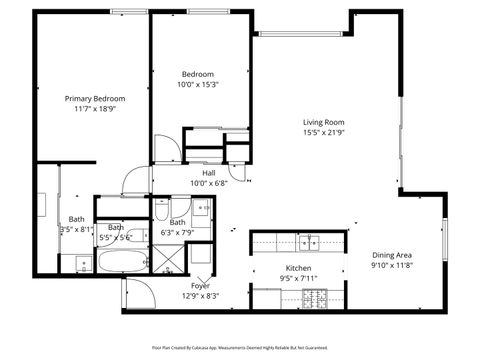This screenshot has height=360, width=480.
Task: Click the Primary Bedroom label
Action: click(x=95, y=98)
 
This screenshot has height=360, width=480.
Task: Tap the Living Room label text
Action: click(x=323, y=123)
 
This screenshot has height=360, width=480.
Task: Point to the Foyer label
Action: click(x=202, y=285)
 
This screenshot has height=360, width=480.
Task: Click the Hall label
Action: click(x=209, y=173)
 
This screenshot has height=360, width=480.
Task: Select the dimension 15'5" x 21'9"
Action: click(x=323, y=134)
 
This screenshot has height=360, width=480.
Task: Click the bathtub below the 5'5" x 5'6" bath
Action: click(x=117, y=263)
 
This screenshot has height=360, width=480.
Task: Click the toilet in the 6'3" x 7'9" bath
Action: click(x=161, y=212)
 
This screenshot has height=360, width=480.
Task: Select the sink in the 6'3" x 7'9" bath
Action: click(x=200, y=208)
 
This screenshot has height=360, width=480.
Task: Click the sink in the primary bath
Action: click(x=83, y=264)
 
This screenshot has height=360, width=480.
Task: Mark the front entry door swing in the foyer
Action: click(x=140, y=292)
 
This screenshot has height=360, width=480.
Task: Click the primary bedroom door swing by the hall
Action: click(x=130, y=180)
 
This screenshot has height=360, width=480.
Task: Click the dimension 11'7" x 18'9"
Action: click(x=95, y=109)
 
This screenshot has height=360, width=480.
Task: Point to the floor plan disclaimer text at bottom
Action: click(x=239, y=347)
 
